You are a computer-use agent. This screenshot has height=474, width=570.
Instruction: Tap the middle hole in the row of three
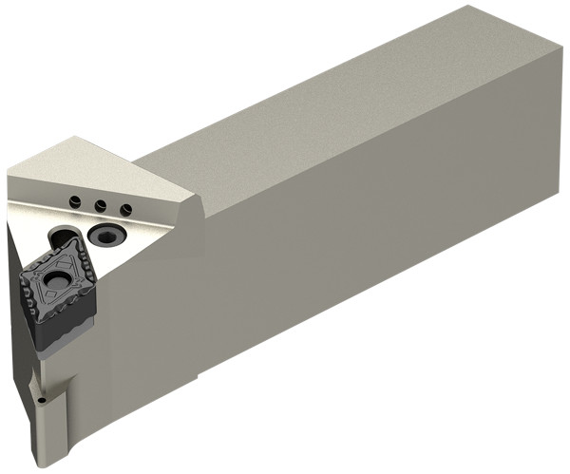[x=98, y=203]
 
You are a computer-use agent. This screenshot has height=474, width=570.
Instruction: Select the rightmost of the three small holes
[x=123, y=209]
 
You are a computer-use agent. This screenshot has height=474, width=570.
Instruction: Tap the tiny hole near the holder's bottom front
[x=46, y=403]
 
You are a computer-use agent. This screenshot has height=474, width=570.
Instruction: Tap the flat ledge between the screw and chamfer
[x=152, y=233]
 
